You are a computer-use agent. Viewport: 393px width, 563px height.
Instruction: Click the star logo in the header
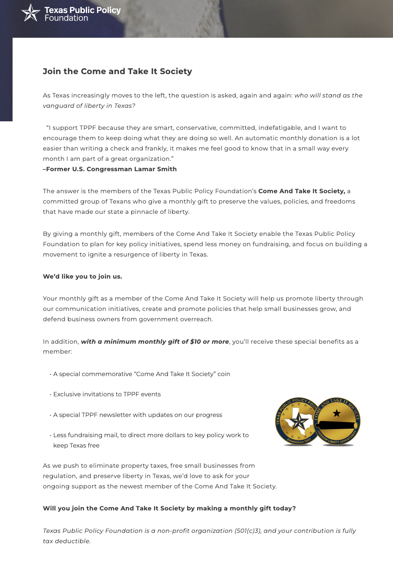pos(31,13)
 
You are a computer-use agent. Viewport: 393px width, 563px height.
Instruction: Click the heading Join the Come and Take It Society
pos(117,71)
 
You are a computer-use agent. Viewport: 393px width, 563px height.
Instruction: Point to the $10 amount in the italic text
pos(195,342)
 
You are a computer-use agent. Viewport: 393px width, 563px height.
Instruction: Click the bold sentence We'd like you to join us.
pos(82,277)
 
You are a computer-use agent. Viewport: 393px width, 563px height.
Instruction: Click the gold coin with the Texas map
pos(298,421)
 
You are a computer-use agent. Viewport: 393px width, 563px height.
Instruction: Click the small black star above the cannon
pos(336,413)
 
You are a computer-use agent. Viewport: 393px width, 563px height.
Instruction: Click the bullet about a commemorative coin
pos(141,374)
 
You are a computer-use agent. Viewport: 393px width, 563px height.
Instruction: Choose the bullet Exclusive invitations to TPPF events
pos(107,395)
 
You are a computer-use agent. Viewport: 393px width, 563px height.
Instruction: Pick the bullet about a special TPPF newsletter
pos(137,415)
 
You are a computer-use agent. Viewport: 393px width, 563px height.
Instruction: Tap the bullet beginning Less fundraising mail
pos(150,435)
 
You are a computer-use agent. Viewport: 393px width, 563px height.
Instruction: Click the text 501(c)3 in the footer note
pos(247,531)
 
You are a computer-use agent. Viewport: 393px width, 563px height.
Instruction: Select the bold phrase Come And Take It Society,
pos(301,191)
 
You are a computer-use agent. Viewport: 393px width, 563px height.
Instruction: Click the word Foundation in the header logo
pos(66,18)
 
